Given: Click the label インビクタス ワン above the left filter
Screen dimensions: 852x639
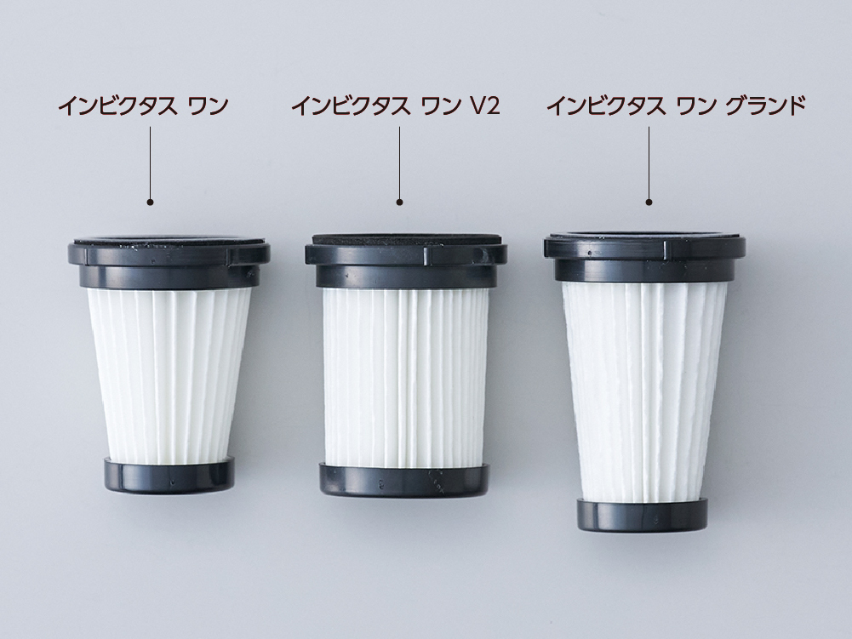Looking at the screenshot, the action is [x=143, y=106].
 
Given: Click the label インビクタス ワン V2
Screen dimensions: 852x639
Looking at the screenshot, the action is [x=395, y=106].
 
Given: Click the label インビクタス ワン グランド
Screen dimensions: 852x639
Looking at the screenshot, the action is [x=676, y=106].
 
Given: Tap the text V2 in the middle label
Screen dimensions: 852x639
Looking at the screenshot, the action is [x=484, y=106].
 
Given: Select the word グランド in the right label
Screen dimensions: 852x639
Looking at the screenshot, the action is [x=765, y=106].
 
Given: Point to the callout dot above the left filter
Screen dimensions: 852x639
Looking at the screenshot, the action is [x=150, y=203].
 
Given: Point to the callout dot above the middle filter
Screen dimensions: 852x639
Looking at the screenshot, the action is [x=399, y=203].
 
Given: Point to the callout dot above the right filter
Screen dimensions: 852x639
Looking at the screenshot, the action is [x=649, y=203].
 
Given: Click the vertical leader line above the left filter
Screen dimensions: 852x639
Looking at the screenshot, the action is [x=150, y=163].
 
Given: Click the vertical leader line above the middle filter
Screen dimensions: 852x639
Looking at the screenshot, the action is [x=399, y=163].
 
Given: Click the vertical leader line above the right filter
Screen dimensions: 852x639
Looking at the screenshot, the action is [x=649, y=163].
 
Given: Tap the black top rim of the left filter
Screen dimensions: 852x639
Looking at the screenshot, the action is [x=169, y=261].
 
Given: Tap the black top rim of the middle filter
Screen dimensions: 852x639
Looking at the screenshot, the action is [x=406, y=261].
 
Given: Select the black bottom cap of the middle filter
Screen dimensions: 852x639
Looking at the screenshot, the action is [x=404, y=481].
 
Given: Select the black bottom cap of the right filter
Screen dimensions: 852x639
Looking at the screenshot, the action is [x=643, y=515].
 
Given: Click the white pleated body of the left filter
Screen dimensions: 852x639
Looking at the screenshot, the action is [x=169, y=375].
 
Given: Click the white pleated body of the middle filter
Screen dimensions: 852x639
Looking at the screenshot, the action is [x=405, y=378].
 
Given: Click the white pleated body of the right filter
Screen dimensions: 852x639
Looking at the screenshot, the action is [x=643, y=391].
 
